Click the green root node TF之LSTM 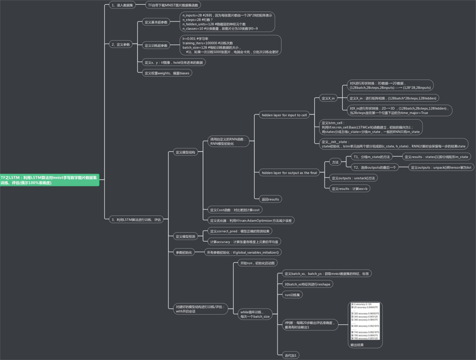point(50,179)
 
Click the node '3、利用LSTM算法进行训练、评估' point(135,219)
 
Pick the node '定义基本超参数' point(156,22)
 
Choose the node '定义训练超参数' point(156,46)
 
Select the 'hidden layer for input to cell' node point(284,115)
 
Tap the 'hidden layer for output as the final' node point(289,173)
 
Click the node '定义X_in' point(328,98)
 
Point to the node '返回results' point(270,199)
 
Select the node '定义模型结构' point(185,152)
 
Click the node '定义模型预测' point(185,236)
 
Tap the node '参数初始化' point(183,252)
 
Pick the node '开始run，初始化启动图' point(258,263)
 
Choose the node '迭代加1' point(290,355)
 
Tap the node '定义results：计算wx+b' point(350,189)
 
